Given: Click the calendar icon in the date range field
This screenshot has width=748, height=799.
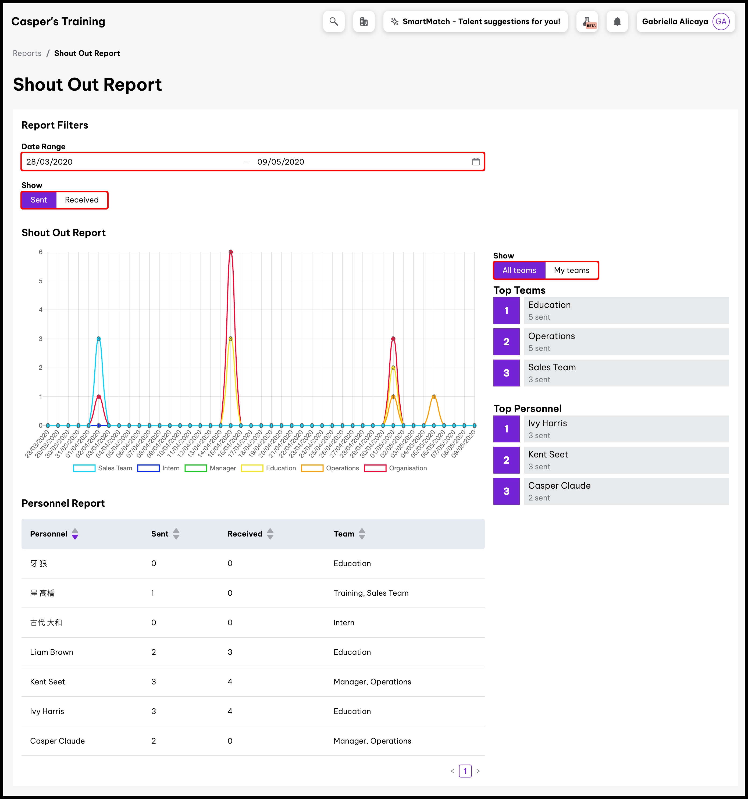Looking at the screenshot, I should [476, 162].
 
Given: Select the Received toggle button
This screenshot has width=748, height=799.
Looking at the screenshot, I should [81, 200].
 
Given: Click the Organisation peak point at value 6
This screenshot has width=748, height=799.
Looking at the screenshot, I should [231, 252].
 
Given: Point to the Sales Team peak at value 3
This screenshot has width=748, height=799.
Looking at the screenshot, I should [98, 339].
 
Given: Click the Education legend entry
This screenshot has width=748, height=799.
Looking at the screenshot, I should [268, 468].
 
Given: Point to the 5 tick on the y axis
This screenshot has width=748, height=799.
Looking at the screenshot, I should [41, 281].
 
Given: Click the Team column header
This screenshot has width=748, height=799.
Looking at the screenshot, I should [344, 534].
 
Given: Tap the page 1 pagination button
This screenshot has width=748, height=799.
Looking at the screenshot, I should [465, 771].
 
